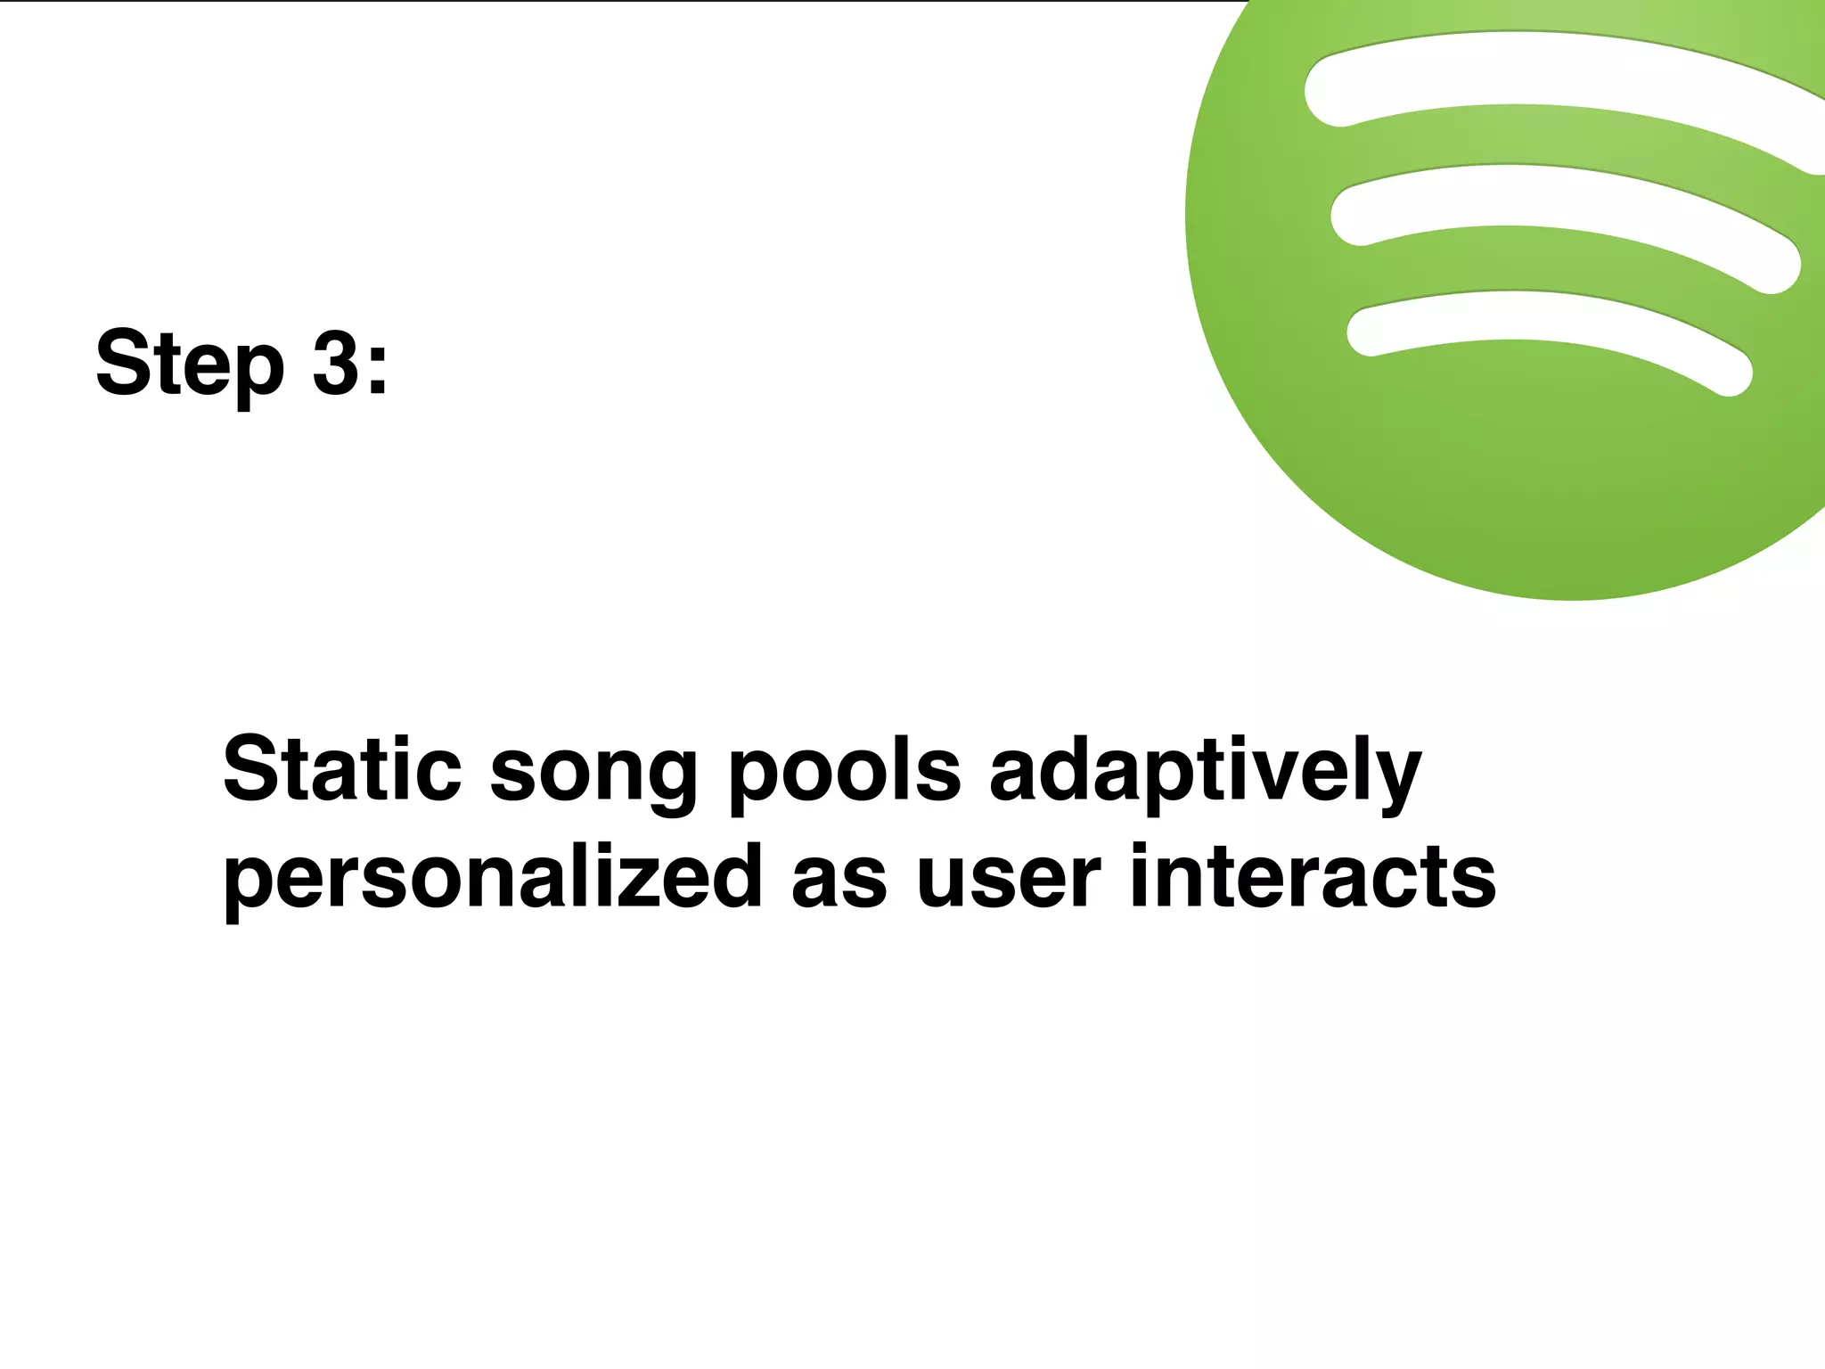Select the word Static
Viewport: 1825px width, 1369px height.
click(x=342, y=768)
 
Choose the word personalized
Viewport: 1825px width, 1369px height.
click(x=493, y=879)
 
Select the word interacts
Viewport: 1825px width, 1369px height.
click(x=1312, y=877)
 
